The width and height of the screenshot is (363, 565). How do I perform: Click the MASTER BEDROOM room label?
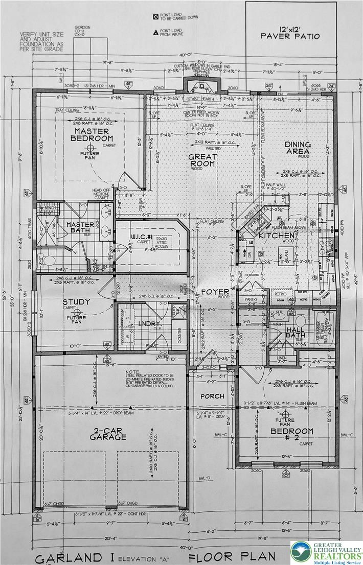tap(92, 135)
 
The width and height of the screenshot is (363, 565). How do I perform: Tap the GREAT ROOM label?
tap(203, 161)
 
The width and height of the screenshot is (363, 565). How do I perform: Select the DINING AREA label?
tap(297, 148)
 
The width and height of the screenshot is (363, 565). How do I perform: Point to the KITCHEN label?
tap(275, 236)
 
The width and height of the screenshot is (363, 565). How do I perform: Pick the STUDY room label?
tap(76, 302)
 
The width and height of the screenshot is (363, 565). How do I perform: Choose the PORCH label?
tap(212, 396)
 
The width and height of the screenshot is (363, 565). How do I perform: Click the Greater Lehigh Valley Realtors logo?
tap(326, 551)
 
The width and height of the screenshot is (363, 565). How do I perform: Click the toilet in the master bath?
tap(50, 261)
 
